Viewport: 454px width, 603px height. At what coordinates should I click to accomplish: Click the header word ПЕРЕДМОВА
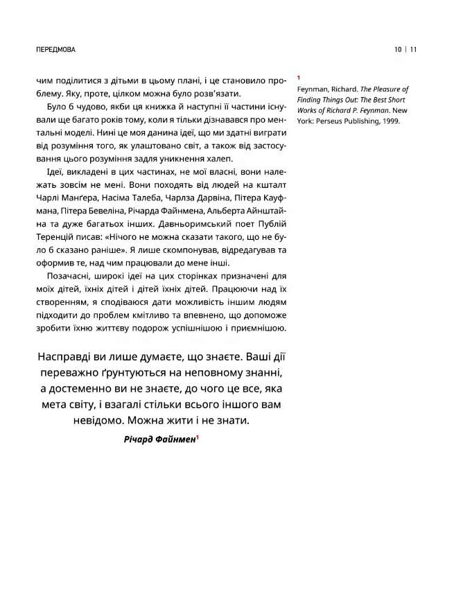point(55,50)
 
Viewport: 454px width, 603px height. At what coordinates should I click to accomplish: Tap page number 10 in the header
point(398,50)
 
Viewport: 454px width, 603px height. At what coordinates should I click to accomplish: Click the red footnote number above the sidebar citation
point(298,78)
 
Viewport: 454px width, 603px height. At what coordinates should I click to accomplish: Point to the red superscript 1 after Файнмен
point(198,437)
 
